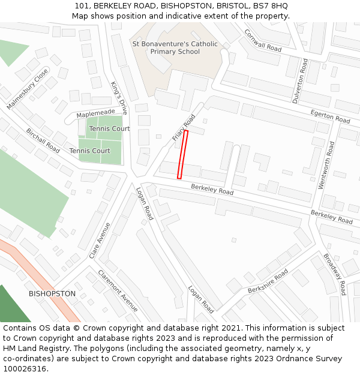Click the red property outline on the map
point(182,154)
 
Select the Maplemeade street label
point(95,112)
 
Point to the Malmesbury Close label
point(28,89)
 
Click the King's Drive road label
point(119,98)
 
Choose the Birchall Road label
point(43,140)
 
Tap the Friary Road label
point(184,127)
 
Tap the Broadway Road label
point(334,274)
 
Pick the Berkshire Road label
point(268,281)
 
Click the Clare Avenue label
point(100,240)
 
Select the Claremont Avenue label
point(118,293)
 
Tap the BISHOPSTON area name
point(52,293)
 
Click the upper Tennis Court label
point(109,129)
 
